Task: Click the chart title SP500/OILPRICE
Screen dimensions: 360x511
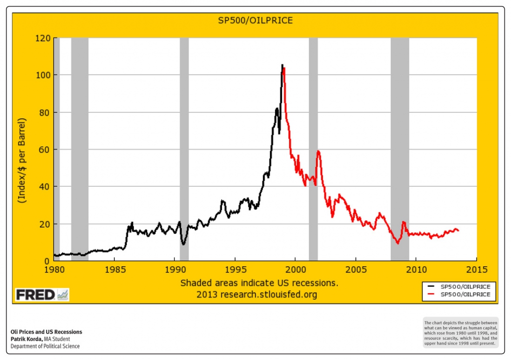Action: [255, 20]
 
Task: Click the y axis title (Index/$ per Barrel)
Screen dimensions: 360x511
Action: [22, 160]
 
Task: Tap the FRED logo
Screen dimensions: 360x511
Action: [42, 295]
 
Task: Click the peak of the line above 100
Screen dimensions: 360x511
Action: [282, 65]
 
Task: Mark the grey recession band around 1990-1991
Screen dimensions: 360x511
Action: [184, 150]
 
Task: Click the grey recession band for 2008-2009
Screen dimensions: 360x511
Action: [400, 150]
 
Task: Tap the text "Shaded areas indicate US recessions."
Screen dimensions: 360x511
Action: [259, 283]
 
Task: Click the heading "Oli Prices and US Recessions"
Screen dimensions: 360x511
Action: [46, 332]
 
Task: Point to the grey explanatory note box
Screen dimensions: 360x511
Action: [460, 332]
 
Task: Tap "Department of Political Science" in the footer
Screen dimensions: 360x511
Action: [45, 347]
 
